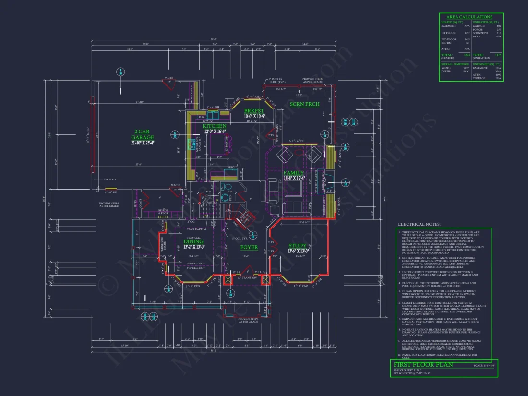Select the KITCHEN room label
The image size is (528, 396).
click(214, 126)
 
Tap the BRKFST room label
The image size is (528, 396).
click(253, 110)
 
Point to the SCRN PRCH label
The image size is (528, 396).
click(305, 104)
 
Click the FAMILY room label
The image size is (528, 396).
click(293, 173)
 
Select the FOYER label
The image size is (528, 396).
click(249, 248)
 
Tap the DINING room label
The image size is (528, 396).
click(193, 241)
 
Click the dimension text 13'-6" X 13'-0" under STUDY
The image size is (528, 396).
click(298, 251)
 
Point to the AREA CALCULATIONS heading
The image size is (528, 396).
click(470, 17)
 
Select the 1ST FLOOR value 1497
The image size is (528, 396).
click(467, 33)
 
